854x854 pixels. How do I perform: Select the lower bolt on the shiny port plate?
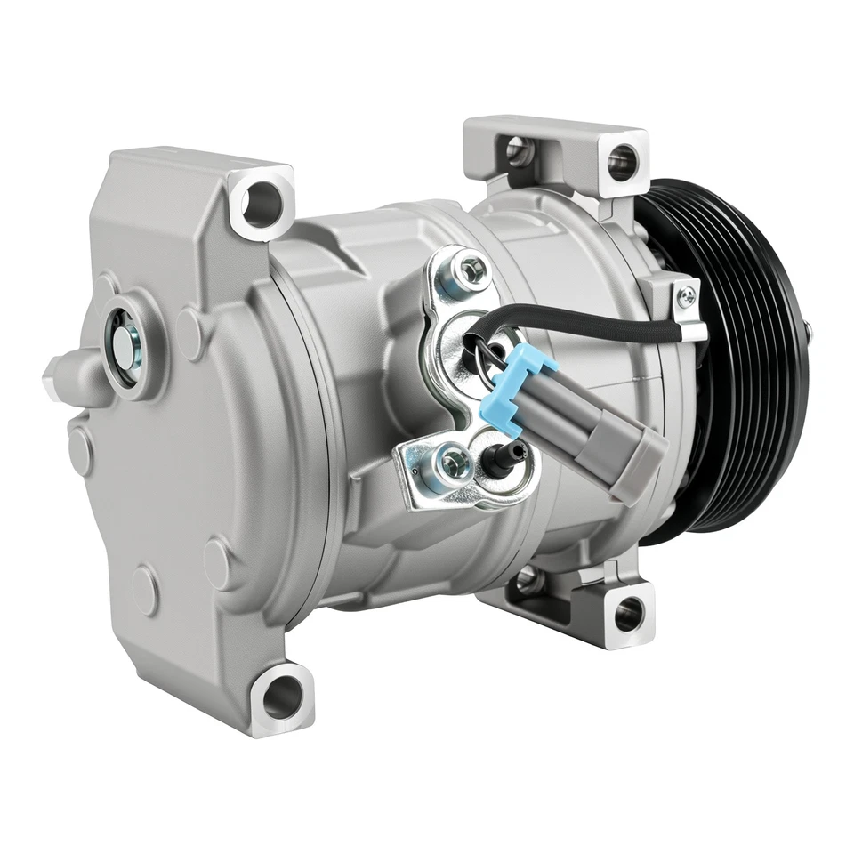pyautogui.click(x=454, y=462)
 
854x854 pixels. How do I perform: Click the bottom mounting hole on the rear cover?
pyautogui.click(x=282, y=693)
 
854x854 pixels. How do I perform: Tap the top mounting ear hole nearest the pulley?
pyautogui.click(x=622, y=162)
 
